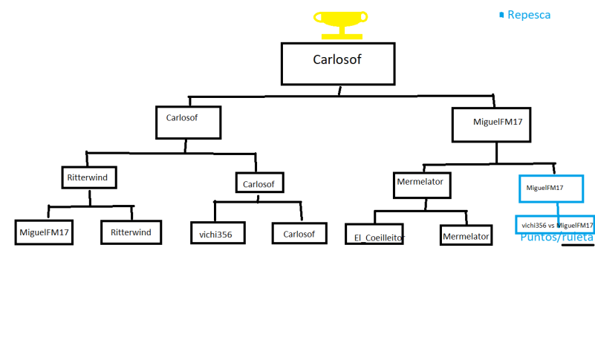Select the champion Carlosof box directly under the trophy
pos(336,62)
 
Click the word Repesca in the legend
pos(529,14)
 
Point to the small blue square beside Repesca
pos(502,14)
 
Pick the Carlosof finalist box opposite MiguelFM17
pos(188,122)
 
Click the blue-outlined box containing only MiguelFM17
pos(550,189)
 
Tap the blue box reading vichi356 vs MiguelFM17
pos(556,225)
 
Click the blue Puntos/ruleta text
pos(556,238)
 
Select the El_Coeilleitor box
pos(380,236)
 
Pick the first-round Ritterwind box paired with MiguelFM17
pos(131,232)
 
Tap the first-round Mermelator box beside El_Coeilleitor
pos(466,236)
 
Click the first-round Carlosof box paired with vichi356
pos(299,233)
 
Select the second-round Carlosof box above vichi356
pos(259,183)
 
